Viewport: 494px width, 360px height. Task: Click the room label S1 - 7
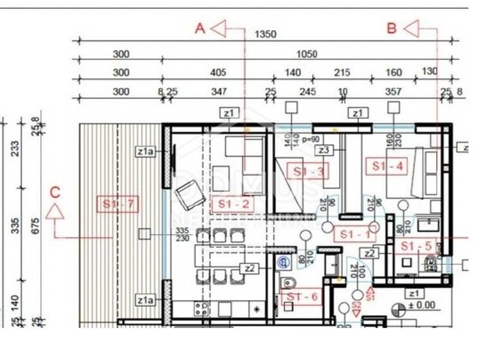coord(116,204)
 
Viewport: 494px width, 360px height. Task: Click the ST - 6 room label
coord(302,296)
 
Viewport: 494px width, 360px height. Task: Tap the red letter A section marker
coord(200,28)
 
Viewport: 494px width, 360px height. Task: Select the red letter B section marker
coord(392,28)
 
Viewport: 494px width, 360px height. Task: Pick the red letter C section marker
coord(55,192)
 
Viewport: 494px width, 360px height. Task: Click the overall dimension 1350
coord(266,34)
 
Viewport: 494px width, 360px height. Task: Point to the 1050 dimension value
coord(306,54)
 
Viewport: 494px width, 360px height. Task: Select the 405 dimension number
coord(217,73)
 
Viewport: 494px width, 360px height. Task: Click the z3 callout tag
coord(324,150)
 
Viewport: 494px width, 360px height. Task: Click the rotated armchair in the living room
coord(188,194)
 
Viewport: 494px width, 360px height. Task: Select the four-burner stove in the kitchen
coord(201,309)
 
